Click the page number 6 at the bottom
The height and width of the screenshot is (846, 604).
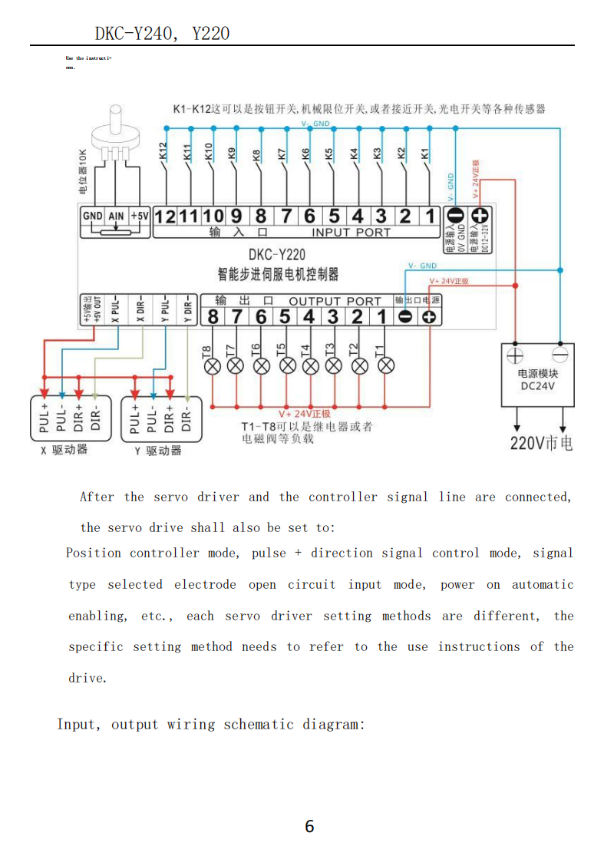pos(309,826)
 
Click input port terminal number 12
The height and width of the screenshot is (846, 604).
pos(166,216)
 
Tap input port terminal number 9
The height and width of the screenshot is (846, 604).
pos(236,216)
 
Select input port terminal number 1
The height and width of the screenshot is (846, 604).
pos(430,216)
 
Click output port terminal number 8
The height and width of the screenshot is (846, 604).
pos(213,316)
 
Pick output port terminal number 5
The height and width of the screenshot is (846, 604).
pos(285,316)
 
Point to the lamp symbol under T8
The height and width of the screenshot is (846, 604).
pos(213,365)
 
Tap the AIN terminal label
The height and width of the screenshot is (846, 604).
pos(116,216)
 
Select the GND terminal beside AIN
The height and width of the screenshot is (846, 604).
pos(92,216)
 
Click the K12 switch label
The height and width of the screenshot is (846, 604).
pos(162,151)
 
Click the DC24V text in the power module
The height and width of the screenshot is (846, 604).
pos(537,386)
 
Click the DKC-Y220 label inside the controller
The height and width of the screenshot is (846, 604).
pos(277,255)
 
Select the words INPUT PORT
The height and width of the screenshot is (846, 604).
pos(351,232)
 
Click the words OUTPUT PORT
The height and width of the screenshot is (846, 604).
pos(335,302)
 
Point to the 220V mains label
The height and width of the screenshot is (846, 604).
pos(541,443)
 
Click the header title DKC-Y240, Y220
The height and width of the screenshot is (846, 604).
pos(162,33)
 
